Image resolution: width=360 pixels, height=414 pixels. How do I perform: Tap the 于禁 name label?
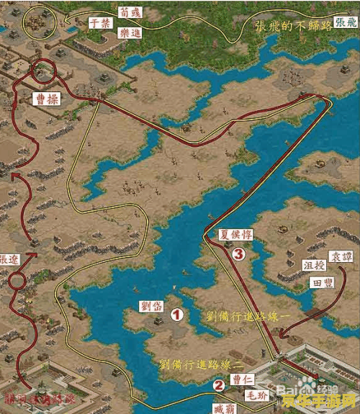click(99, 22)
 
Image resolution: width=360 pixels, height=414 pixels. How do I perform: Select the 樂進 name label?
click(130, 32)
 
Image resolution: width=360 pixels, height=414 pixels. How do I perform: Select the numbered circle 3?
click(238, 253)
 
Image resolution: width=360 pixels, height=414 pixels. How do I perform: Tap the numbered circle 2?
click(218, 385)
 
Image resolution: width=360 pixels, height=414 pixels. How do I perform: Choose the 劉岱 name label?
click(153, 306)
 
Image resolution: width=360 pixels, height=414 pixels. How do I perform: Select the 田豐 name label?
click(321, 283)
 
